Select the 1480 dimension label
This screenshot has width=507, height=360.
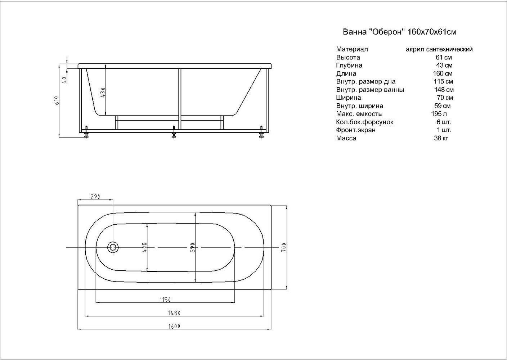point(174,313)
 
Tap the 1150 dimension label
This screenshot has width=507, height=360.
point(165,300)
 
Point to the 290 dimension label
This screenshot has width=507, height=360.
point(95,197)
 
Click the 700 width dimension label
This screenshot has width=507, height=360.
point(283,247)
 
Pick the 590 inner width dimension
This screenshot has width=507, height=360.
point(192,247)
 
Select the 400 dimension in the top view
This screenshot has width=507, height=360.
point(144,248)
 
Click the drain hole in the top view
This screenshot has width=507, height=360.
point(113,248)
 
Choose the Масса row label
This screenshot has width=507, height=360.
point(346,138)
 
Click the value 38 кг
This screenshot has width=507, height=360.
point(441,138)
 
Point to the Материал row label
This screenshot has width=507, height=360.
point(352,49)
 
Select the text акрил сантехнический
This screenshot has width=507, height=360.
point(439,49)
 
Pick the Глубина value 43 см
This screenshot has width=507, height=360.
point(444,66)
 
